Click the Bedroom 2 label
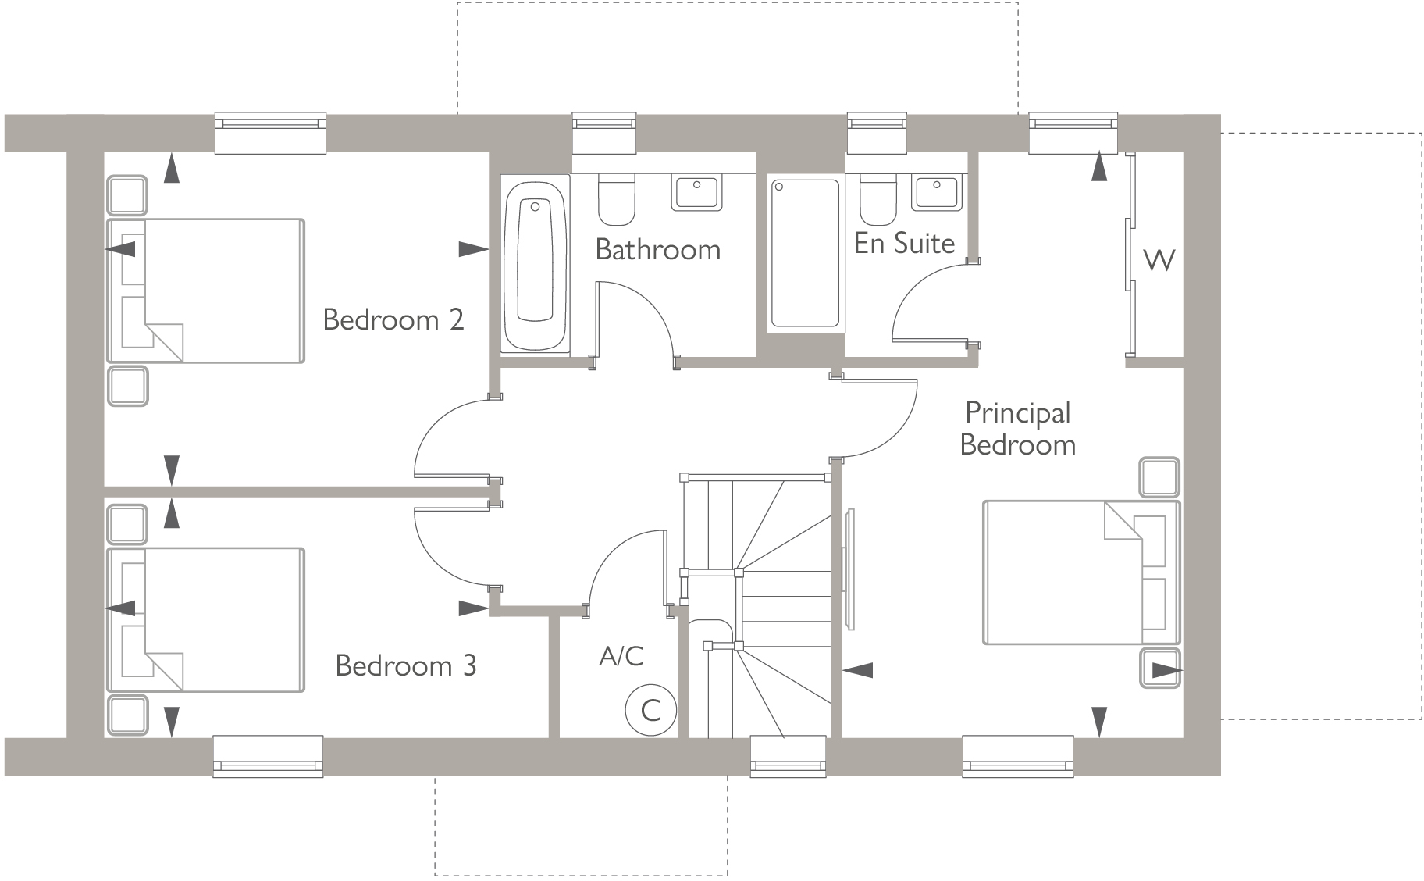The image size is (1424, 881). (393, 319)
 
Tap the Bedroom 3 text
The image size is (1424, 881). (405, 665)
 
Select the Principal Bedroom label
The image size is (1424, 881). (1017, 428)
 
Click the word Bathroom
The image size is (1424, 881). (657, 250)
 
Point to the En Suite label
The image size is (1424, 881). (904, 244)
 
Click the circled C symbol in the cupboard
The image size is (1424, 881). (650, 710)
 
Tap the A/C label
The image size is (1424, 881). (621, 656)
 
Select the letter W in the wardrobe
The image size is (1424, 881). (1159, 259)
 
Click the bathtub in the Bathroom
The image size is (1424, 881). (535, 264)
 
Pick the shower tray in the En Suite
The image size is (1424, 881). (805, 253)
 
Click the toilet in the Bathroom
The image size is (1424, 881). (617, 200)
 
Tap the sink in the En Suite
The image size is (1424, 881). (936, 192)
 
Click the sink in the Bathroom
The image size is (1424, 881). (696, 193)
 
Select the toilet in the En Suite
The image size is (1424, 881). (878, 200)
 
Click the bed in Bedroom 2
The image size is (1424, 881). (205, 291)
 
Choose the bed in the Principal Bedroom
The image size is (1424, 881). (1081, 572)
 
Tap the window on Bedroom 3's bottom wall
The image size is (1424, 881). (268, 756)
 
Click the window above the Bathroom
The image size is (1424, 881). (604, 133)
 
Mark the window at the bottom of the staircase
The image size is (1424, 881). (788, 756)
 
